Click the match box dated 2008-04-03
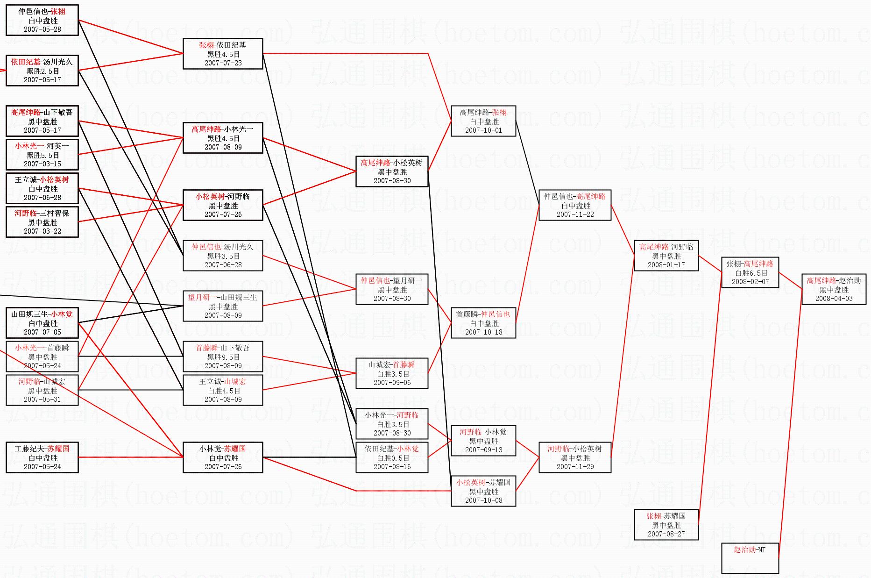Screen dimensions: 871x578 pos(834,289)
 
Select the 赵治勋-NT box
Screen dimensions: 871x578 pos(750,558)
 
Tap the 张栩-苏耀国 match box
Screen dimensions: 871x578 pos(666,525)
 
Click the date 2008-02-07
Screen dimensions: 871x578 pos(750,282)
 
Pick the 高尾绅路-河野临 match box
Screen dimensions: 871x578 pos(666,256)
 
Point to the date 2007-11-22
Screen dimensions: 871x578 pos(575,214)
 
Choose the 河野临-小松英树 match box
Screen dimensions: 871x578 pos(574,457)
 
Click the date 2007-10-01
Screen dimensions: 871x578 pos(483,130)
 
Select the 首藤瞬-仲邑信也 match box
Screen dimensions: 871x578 pos(483,323)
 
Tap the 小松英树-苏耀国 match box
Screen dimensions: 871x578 pos(483,491)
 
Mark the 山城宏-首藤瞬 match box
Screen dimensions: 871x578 pos(392,373)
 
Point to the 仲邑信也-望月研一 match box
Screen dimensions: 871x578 pos(392,289)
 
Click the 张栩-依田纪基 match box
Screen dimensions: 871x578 pos(223,54)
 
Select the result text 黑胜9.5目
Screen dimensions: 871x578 pos(223,357)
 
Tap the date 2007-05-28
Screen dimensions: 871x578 pos(42,29)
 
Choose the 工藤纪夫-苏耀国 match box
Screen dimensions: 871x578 pos(42,457)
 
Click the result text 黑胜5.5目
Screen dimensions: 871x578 pos(42,155)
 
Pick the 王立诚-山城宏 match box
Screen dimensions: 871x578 pos(223,390)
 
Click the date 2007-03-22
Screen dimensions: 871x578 pos(42,231)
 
